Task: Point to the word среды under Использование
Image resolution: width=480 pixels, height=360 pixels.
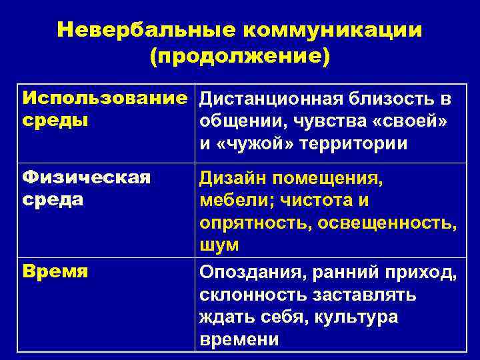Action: [55, 121]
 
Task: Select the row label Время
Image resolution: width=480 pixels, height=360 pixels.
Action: [55, 271]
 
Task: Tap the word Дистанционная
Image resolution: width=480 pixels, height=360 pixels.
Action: [273, 99]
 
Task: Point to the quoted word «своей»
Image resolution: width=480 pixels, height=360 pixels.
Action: [415, 121]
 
